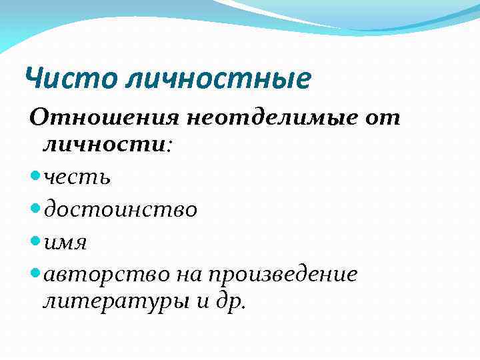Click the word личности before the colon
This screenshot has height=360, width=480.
(104, 144)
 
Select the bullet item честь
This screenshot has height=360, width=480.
(77, 177)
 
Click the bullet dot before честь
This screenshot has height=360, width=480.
(35, 178)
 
